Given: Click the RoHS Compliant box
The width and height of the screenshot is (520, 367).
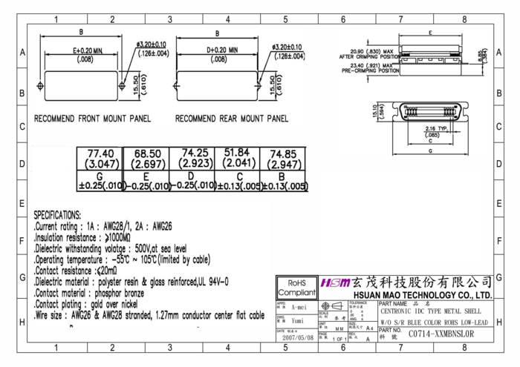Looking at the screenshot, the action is pos(296,288).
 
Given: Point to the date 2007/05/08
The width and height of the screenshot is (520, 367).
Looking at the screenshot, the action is pos(296,337).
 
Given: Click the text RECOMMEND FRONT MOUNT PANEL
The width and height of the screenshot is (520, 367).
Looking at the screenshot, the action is pos(93,119).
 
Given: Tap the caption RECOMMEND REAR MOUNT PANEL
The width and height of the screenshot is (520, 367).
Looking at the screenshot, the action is pos(232,119).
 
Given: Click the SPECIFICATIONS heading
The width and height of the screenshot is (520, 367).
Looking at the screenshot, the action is pos(57,214).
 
